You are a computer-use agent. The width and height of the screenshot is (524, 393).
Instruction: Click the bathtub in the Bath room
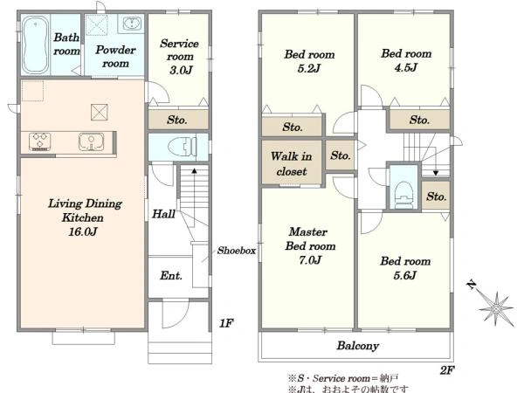[36, 45]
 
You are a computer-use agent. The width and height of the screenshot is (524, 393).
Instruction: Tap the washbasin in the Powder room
[132, 24]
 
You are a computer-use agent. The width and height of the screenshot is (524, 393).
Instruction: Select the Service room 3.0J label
[179, 57]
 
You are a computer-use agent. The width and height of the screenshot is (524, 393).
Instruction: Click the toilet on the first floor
[183, 147]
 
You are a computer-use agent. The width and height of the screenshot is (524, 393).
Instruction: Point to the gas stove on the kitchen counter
[40, 141]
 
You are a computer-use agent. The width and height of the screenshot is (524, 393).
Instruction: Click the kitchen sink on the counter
[91, 141]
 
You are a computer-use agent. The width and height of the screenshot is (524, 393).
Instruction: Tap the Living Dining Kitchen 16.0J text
[85, 217]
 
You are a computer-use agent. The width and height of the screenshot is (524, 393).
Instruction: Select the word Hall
[163, 214]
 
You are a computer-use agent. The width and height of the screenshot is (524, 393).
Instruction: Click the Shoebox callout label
[237, 251]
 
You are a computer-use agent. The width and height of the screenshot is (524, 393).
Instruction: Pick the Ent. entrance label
[171, 276]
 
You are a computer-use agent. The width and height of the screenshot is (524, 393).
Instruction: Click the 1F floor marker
[226, 323]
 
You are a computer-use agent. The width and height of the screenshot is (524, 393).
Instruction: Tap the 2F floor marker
[447, 370]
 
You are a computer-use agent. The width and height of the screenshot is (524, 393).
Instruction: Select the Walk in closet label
[292, 164]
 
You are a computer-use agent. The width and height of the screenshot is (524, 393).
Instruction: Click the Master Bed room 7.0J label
[310, 245]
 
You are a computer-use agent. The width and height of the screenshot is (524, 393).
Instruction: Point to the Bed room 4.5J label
[406, 60]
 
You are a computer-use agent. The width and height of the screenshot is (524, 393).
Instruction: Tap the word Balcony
[357, 346]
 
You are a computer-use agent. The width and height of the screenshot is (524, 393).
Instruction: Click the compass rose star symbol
[496, 308]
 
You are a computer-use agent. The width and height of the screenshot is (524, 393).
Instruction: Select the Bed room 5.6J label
[405, 268]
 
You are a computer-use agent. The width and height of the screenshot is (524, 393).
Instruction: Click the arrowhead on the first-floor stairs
[194, 171]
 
